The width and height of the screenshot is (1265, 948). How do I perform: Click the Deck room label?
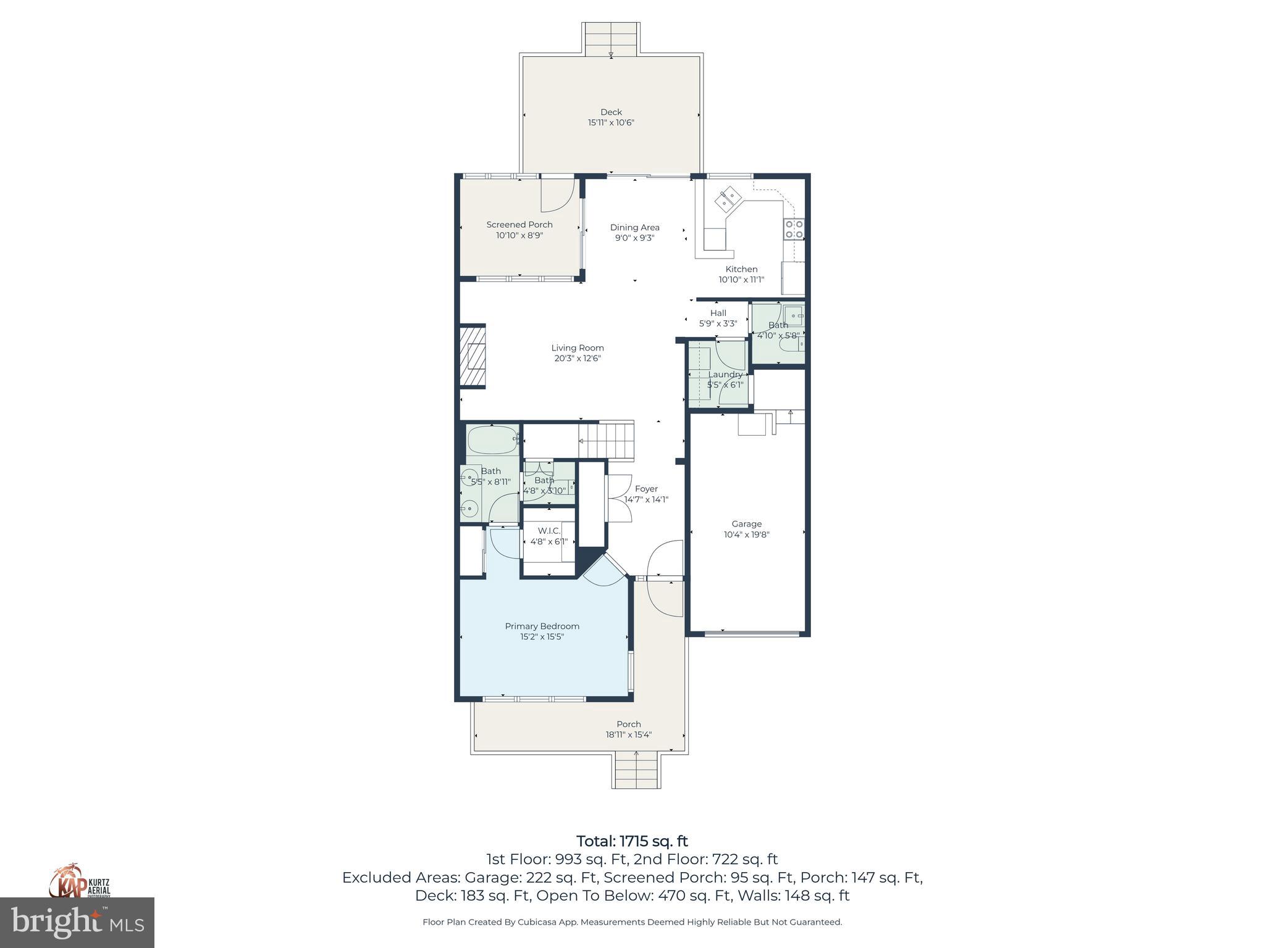(611, 112)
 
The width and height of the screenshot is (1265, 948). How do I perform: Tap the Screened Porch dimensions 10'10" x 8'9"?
(519, 235)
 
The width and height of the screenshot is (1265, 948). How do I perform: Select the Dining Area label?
(634, 227)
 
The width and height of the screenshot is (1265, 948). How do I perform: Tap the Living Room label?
(578, 347)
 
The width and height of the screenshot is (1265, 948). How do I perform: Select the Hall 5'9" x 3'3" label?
(718, 318)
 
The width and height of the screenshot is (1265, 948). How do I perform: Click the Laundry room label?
(725, 375)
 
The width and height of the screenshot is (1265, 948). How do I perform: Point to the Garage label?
(746, 524)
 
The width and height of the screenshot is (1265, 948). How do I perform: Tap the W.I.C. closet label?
(548, 531)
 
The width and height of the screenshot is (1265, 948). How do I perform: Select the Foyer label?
(646, 489)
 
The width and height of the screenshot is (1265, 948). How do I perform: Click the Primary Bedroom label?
(542, 626)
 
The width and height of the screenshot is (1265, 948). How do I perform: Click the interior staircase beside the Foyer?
(607, 441)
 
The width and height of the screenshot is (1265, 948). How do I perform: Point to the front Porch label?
(628, 724)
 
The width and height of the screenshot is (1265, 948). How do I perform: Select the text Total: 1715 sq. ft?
(632, 841)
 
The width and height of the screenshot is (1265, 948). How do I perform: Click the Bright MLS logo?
(77, 922)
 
